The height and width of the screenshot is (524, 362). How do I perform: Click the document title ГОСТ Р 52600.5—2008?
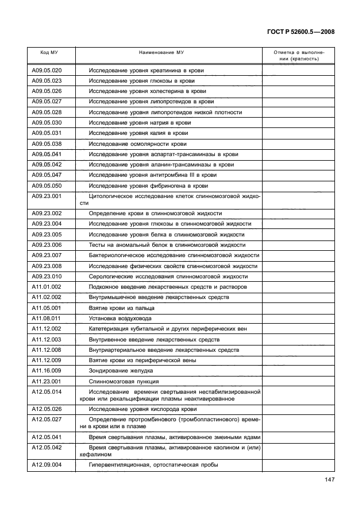tap(301, 32)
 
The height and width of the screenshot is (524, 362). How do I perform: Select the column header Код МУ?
tap(49, 52)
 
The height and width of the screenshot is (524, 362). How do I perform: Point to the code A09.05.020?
tap(47, 71)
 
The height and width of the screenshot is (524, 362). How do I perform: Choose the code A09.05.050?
tap(47, 186)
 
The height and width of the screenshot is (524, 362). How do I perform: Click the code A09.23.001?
tap(47, 196)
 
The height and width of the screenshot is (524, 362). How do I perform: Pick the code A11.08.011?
tap(47, 318)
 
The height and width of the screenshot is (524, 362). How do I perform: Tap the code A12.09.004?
tap(47, 465)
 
